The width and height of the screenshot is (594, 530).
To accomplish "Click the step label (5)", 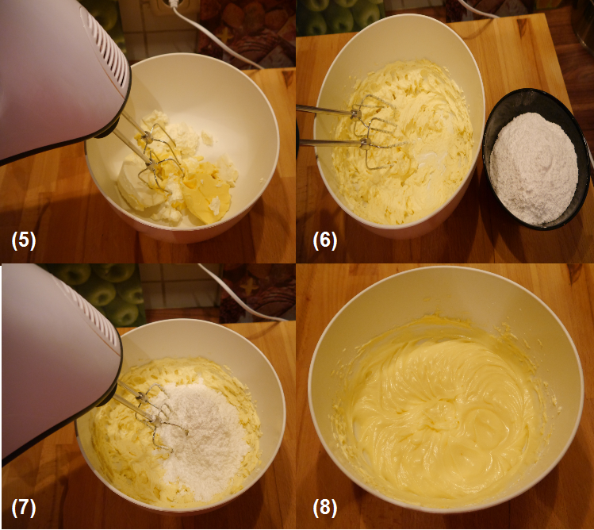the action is [24, 241].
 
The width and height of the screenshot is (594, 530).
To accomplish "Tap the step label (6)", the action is [324, 241].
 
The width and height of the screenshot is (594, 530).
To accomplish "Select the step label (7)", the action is [24, 508].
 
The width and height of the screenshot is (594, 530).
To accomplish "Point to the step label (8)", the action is [324, 508].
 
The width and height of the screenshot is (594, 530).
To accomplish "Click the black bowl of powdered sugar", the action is [532, 159].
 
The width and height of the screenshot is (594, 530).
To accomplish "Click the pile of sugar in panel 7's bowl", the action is [203, 436].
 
